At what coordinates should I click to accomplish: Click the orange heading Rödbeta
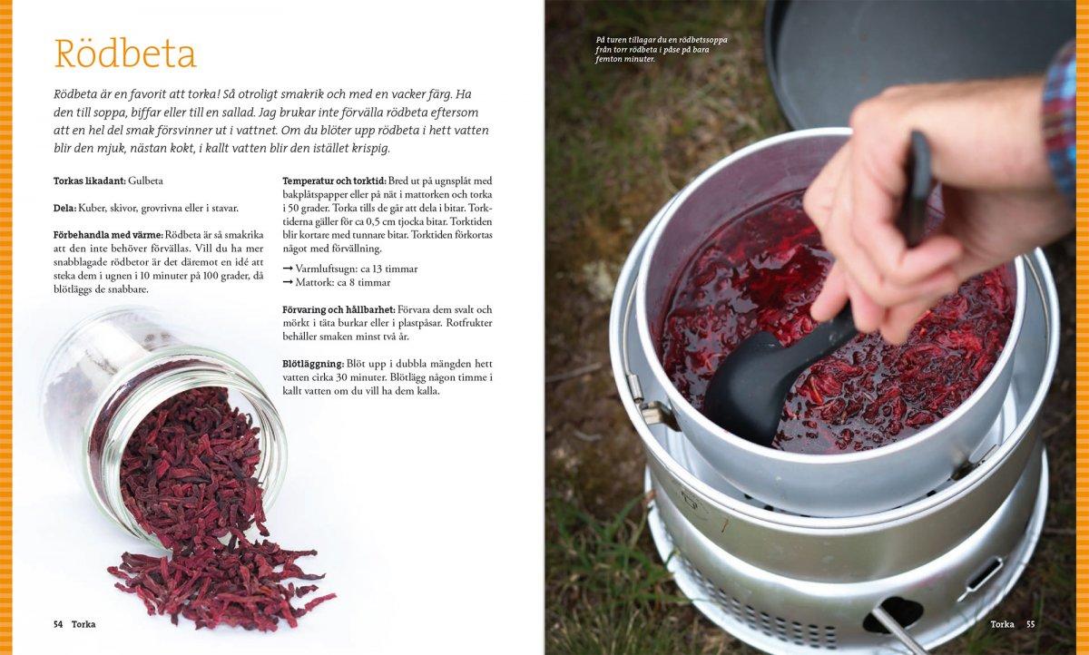[x=125, y=53]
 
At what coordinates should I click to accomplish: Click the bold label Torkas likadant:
[x=90, y=181]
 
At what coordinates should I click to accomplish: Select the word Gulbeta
[x=145, y=181]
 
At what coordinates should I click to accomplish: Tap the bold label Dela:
[x=64, y=208]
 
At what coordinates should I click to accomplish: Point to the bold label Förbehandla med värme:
[x=108, y=235]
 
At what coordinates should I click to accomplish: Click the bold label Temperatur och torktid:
[x=335, y=181]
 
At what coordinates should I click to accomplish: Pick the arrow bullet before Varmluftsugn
[x=288, y=269]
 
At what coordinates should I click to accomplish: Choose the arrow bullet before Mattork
[x=288, y=282]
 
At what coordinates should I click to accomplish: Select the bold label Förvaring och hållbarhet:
[x=338, y=309]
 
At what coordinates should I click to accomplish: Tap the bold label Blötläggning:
[x=314, y=364]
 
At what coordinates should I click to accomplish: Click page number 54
[x=58, y=624]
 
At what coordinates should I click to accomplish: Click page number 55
[x=1031, y=624]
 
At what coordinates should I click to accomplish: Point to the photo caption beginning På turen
[x=662, y=50]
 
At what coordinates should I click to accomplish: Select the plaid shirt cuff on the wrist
[x=1061, y=122]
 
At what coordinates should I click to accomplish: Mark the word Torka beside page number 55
[x=1003, y=624]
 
